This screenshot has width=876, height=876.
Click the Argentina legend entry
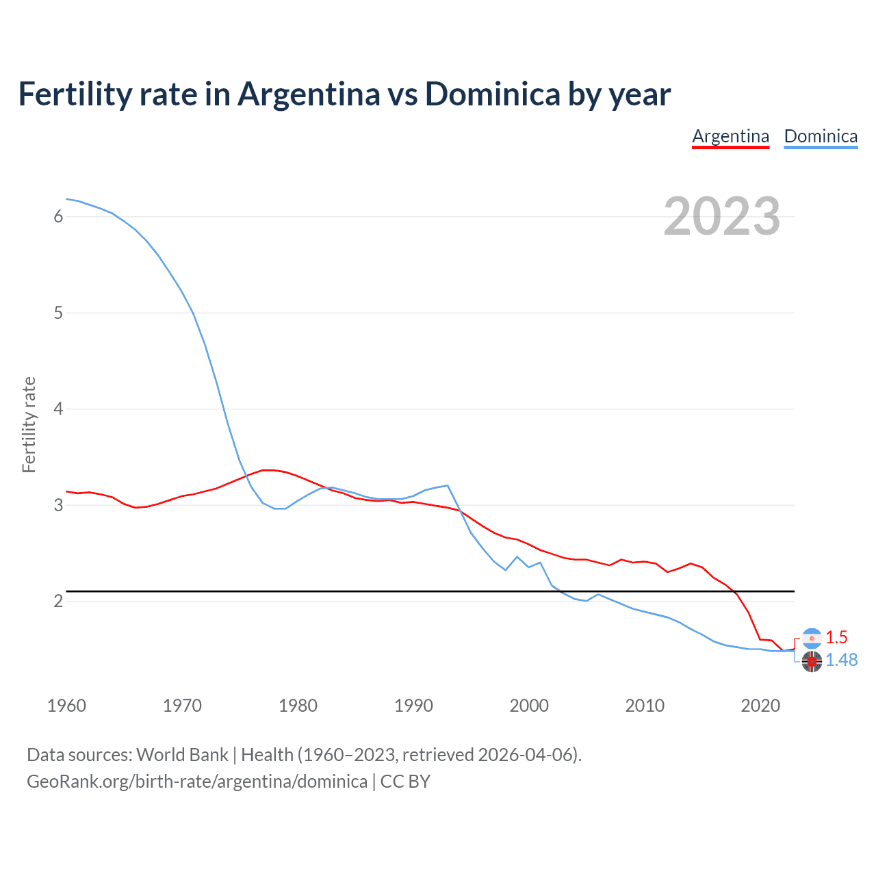coord(730,136)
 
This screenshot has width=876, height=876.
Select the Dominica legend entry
coord(821,136)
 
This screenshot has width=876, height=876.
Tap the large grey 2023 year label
coord(722,216)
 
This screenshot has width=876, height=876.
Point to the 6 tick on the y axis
coord(58,217)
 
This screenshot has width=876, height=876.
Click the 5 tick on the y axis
coord(58,313)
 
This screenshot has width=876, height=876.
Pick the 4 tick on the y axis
coord(58,409)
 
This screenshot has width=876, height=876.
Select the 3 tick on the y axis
coord(58,505)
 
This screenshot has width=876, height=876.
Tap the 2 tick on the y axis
coord(58,601)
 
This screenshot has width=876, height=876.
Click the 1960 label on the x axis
coord(66,706)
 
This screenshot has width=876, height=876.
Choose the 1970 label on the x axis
coord(182,706)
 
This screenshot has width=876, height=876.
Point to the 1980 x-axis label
coord(298,706)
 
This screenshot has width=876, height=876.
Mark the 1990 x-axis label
coord(413,706)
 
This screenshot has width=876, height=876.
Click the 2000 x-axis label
coord(529,706)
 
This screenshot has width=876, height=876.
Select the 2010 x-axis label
coord(645,706)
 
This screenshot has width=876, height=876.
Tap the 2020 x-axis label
coord(760,706)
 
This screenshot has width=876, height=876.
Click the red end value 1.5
coord(836,637)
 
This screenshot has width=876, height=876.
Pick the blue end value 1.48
coord(841,660)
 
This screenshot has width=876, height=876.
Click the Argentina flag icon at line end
coord(812,638)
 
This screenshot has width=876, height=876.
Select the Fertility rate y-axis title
coord(29,424)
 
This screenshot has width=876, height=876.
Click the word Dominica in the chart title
coord(493,94)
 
